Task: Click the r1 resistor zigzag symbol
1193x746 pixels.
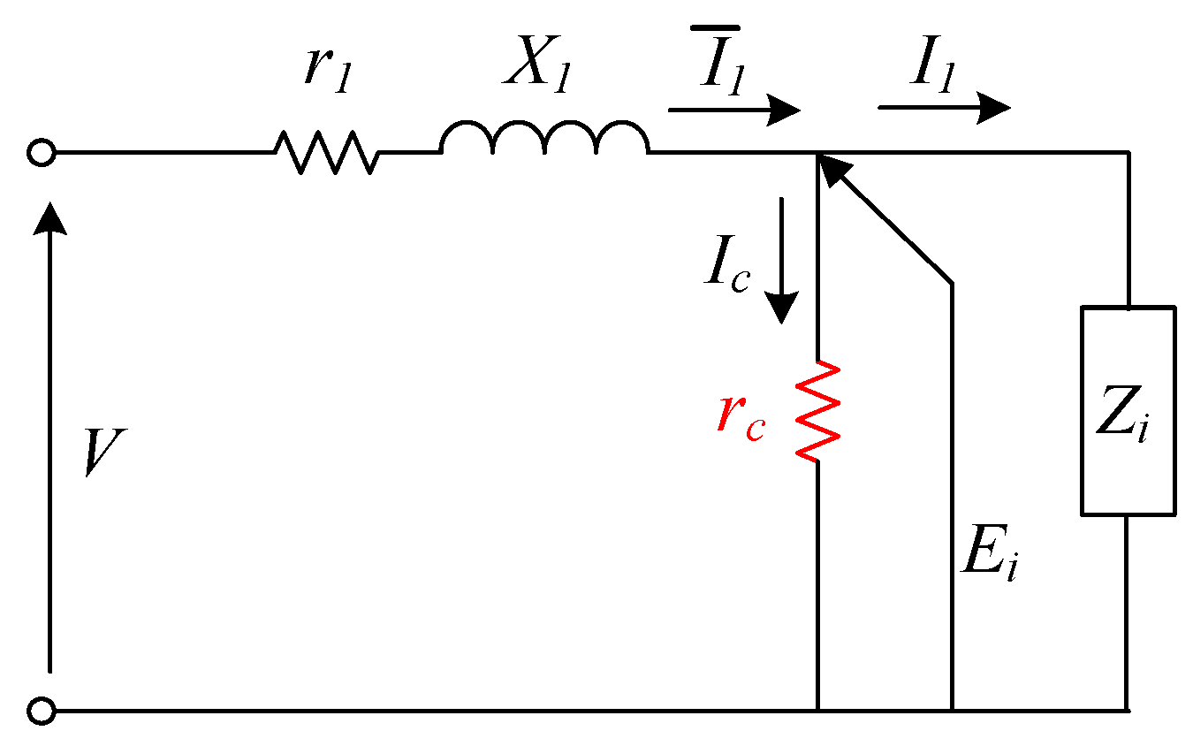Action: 327,152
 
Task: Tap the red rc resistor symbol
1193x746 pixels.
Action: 817,411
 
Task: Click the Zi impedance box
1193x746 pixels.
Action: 1128,411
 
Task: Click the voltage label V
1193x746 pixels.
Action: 104,453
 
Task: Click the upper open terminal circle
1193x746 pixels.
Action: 41,153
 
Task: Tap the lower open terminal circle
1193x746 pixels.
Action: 41,710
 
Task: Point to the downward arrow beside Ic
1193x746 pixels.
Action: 781,261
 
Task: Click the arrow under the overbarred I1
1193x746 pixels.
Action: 733,110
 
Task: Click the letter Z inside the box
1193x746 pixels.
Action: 1113,415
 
